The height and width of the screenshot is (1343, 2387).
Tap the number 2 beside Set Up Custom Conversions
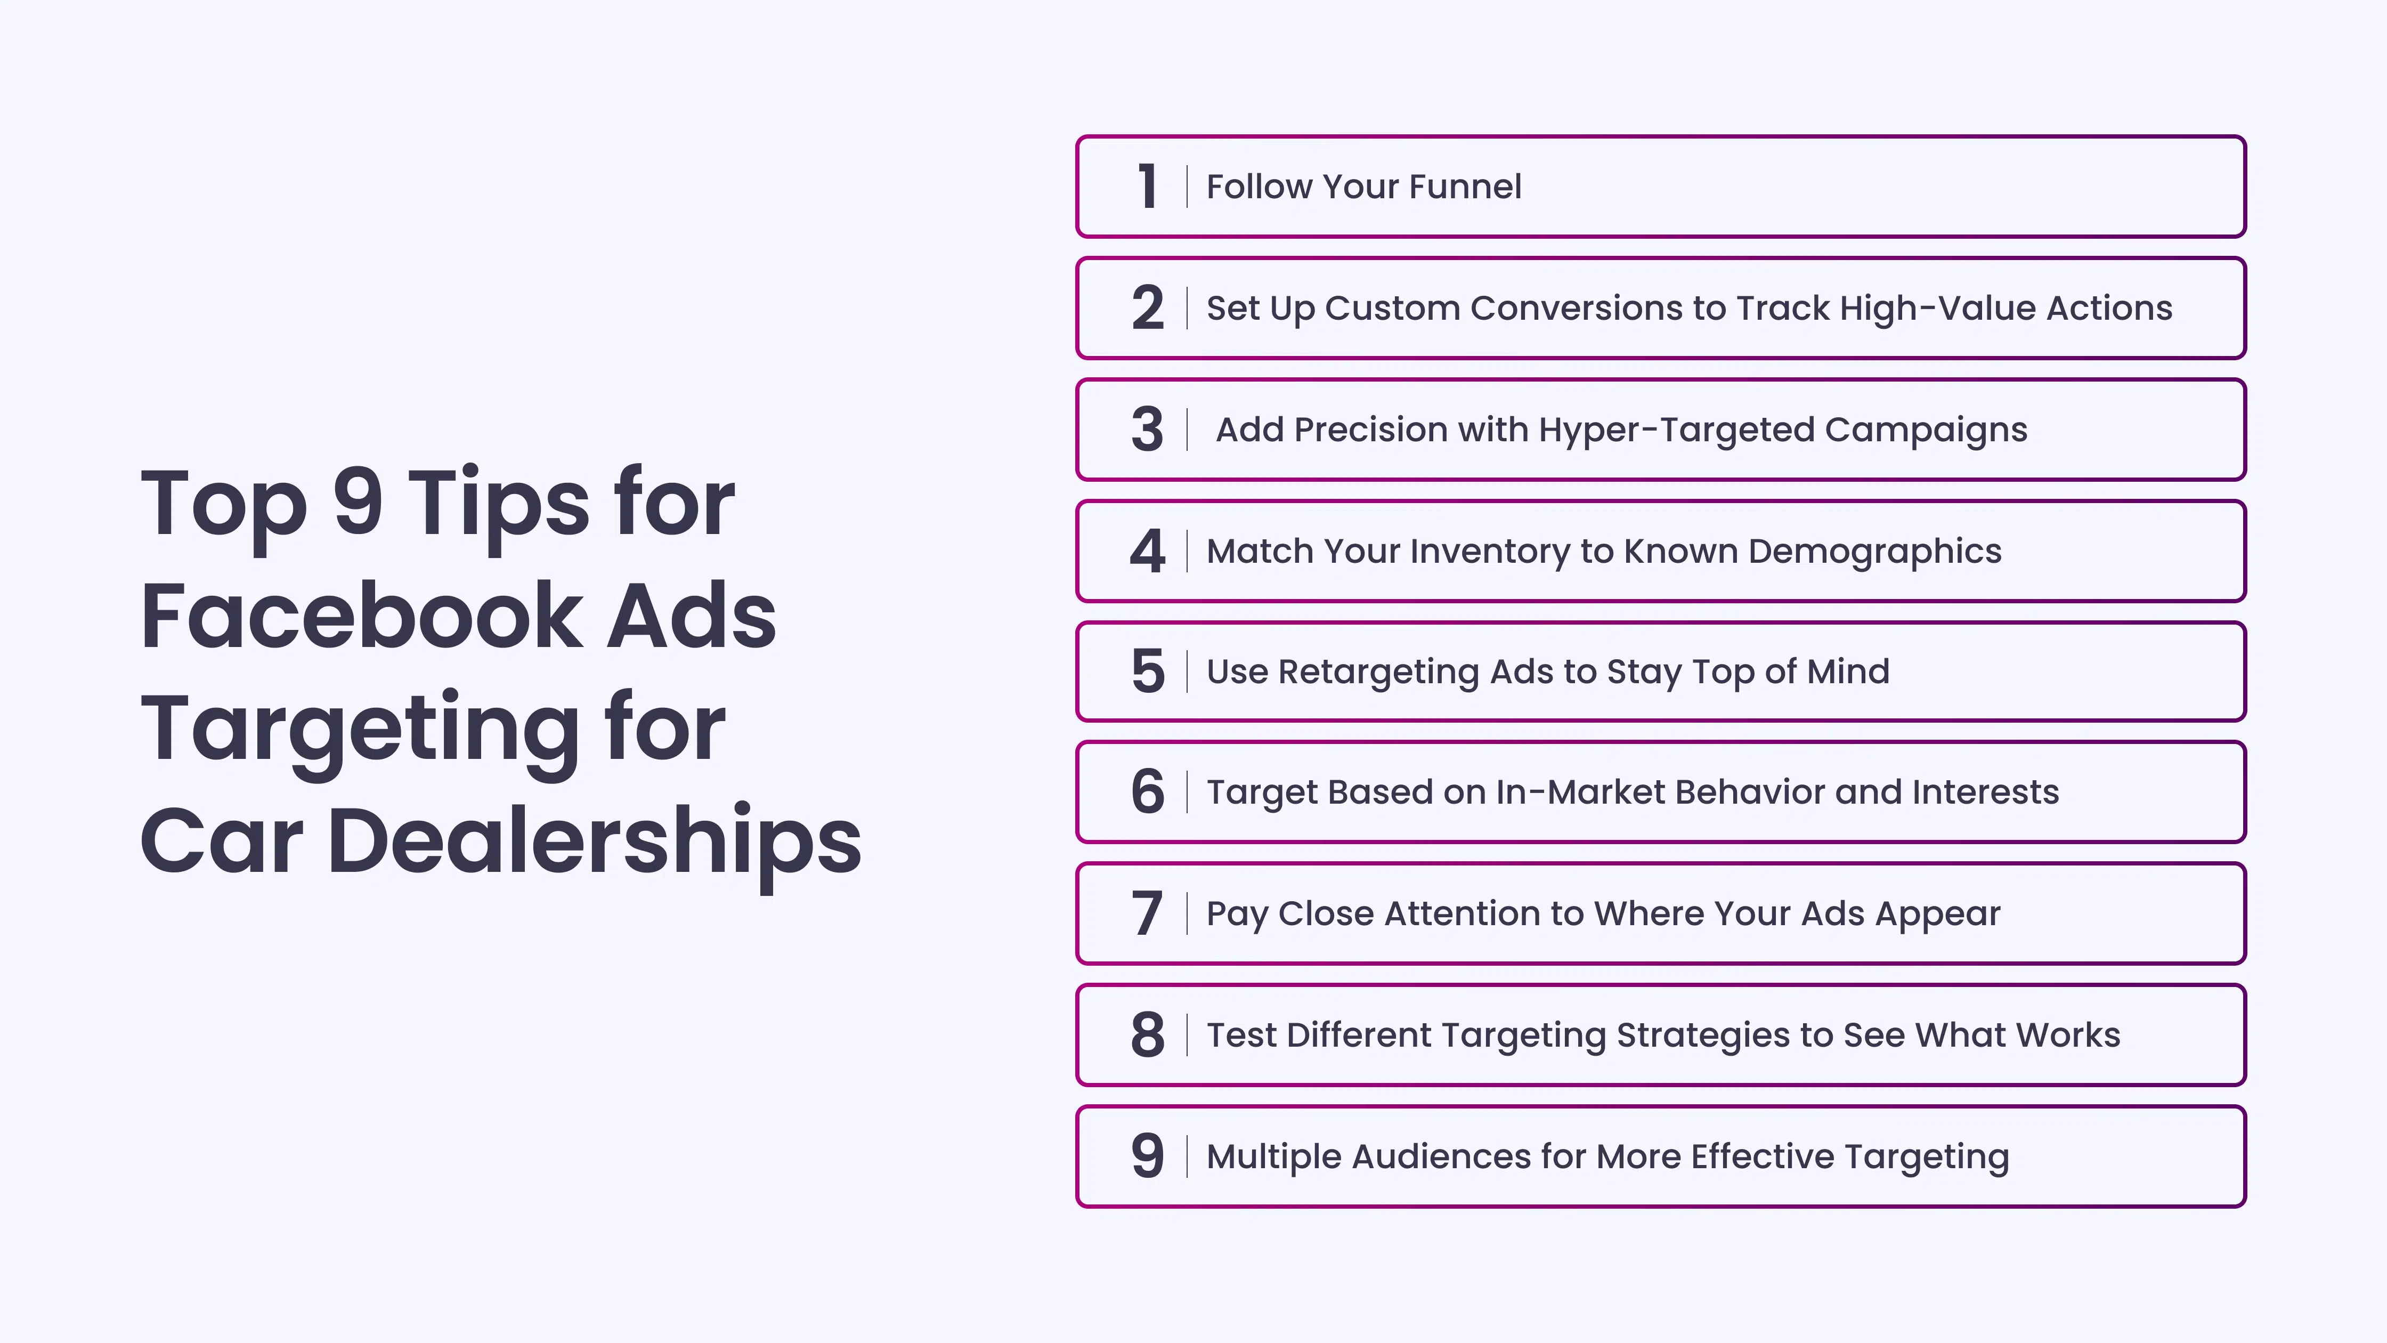pyautogui.click(x=1147, y=308)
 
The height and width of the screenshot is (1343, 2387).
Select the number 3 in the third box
pyautogui.click(x=1147, y=429)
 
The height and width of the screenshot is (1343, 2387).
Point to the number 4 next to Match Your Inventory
pyautogui.click(x=1147, y=551)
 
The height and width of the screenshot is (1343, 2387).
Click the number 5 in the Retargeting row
pyautogui.click(x=1147, y=671)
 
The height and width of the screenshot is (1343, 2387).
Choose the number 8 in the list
pyautogui.click(x=1147, y=1034)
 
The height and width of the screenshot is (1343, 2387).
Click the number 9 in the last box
pyautogui.click(x=1147, y=1156)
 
